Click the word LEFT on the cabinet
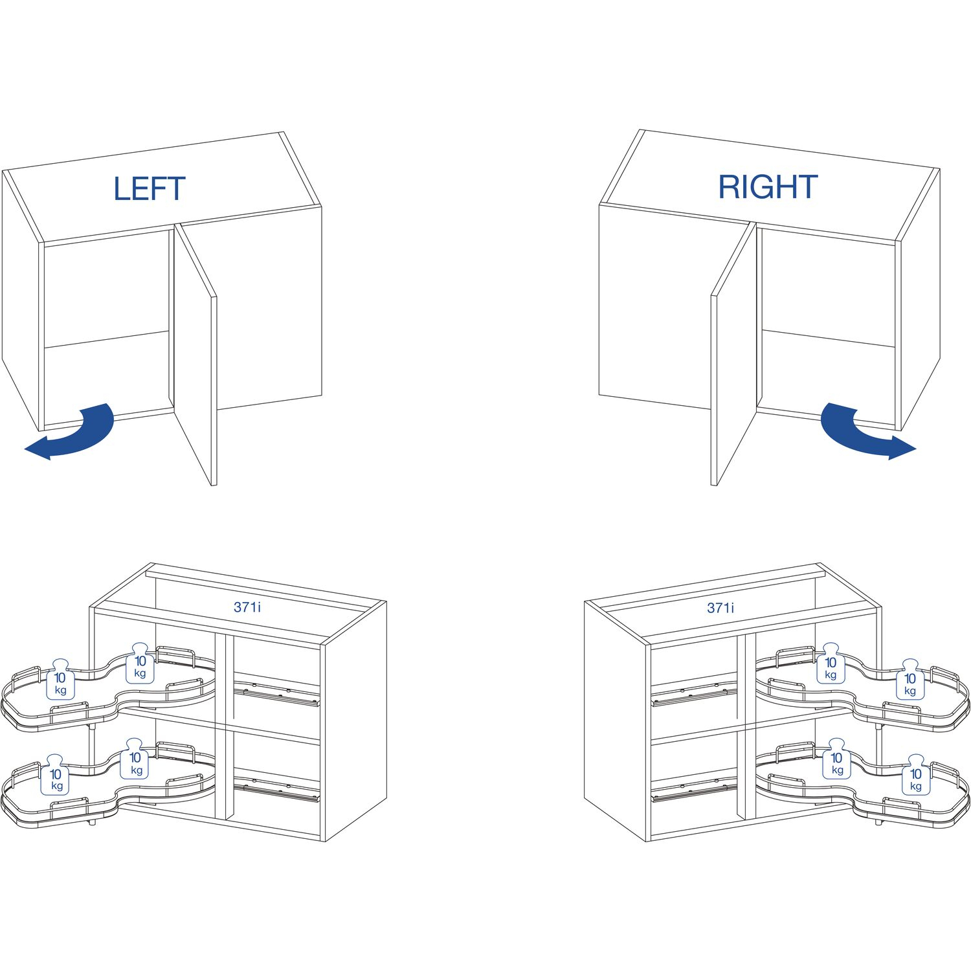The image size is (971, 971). [150, 188]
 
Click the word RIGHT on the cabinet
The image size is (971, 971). [768, 186]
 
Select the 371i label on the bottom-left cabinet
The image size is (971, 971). [248, 607]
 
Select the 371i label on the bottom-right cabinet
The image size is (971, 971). [721, 607]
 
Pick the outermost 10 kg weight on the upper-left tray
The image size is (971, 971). [60, 679]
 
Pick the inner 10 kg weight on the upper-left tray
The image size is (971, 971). [140, 664]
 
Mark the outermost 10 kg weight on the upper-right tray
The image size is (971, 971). [910, 680]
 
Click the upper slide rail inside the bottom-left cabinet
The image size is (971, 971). [277, 691]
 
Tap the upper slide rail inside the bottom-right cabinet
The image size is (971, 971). [694, 691]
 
